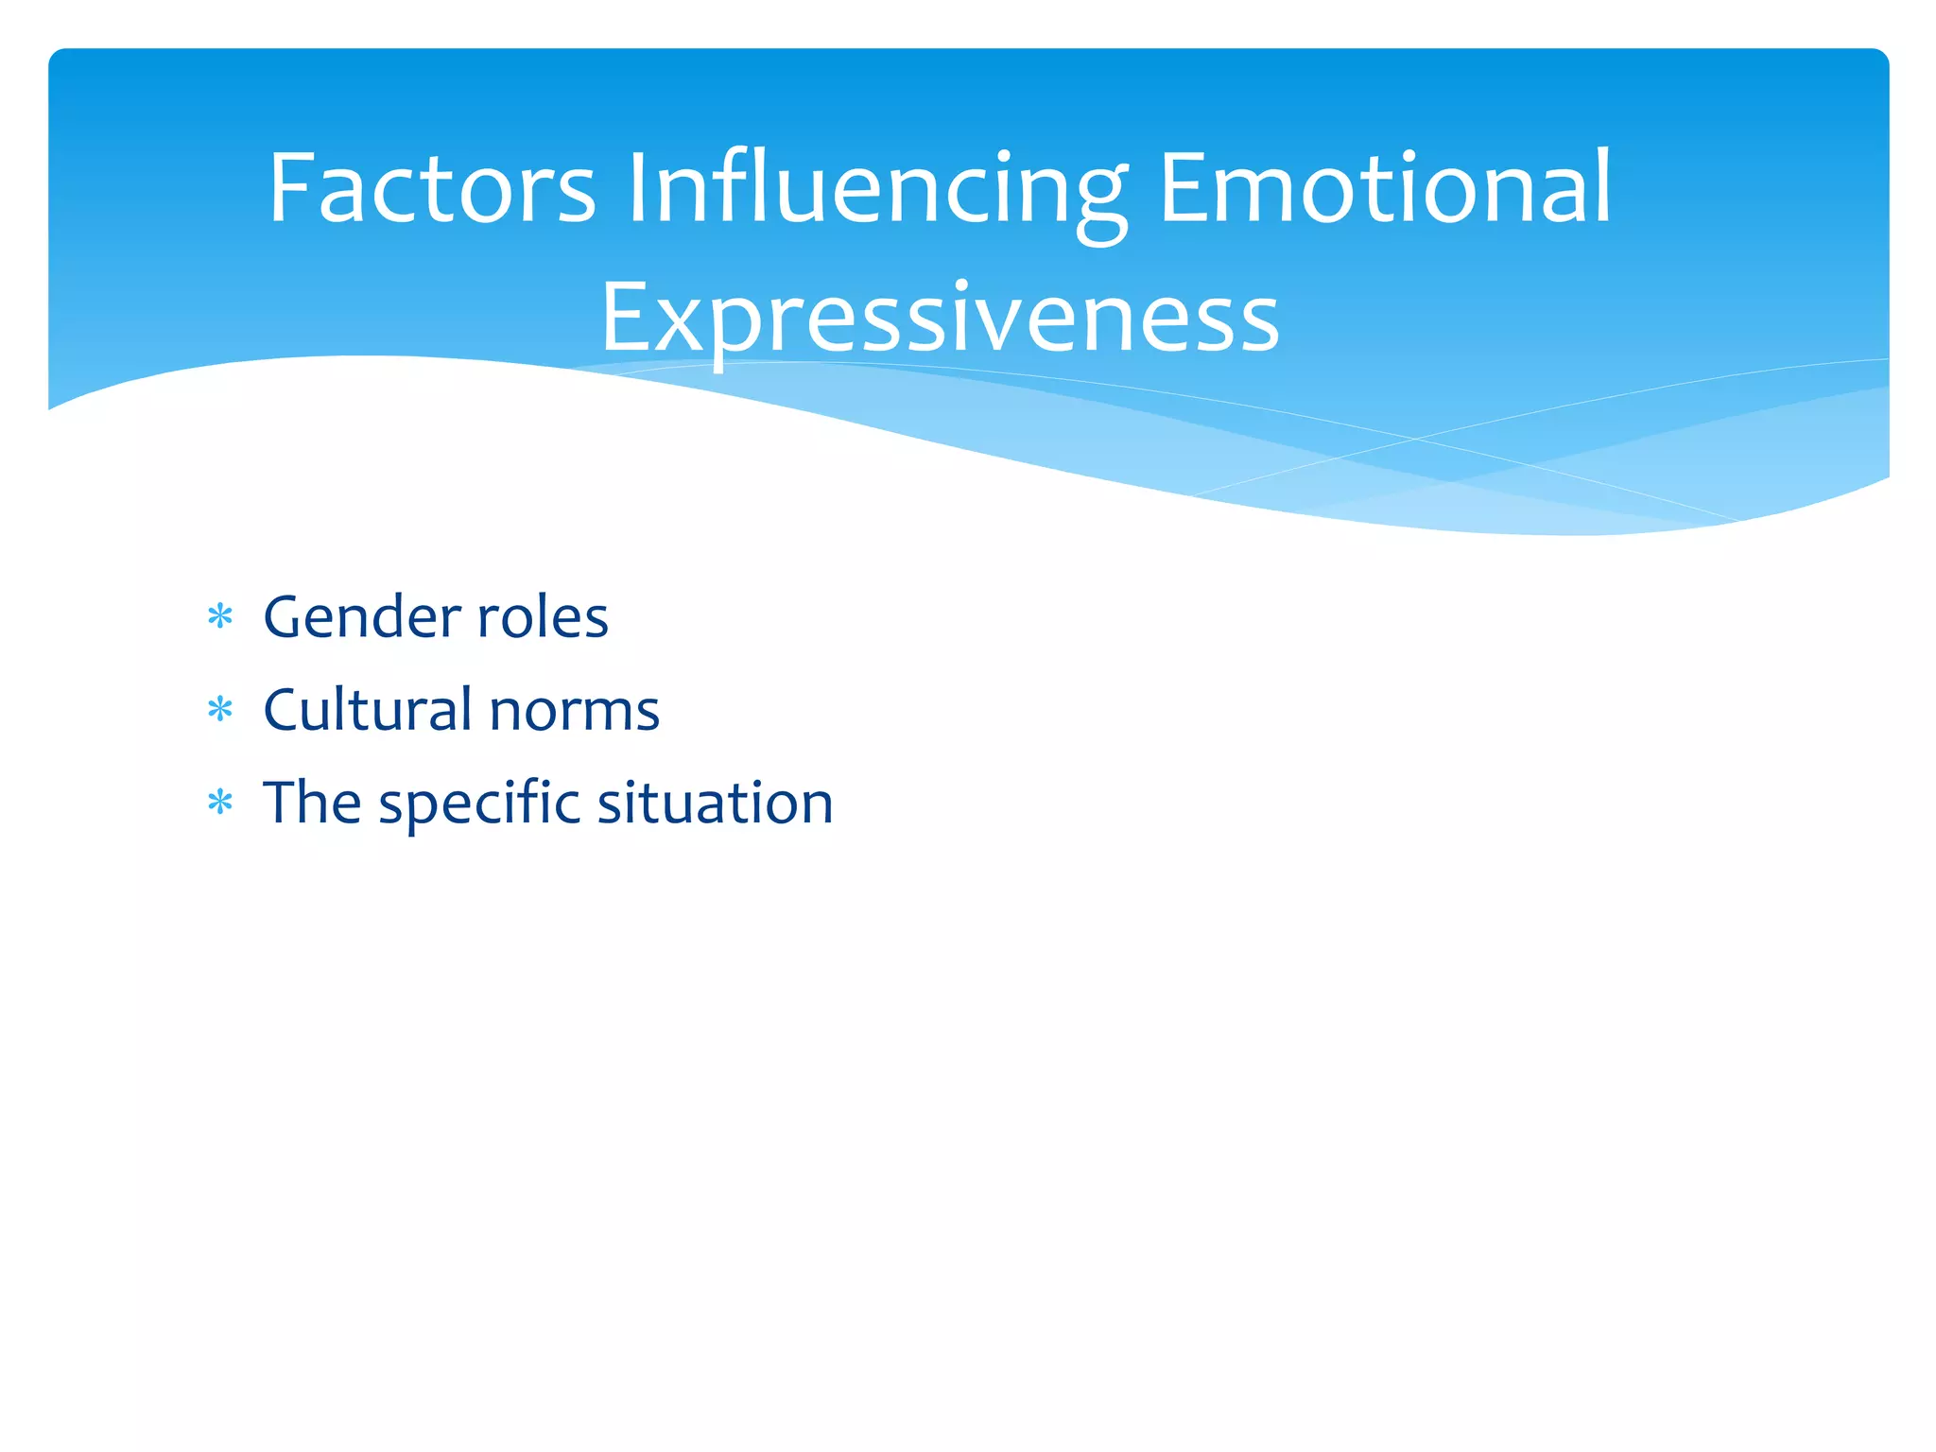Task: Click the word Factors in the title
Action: (432, 189)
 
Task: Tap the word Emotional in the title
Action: (1385, 189)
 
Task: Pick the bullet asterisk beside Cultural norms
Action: (220, 710)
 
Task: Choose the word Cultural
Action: (368, 709)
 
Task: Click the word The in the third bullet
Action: (312, 803)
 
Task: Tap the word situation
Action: (715, 803)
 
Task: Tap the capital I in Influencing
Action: (636, 188)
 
